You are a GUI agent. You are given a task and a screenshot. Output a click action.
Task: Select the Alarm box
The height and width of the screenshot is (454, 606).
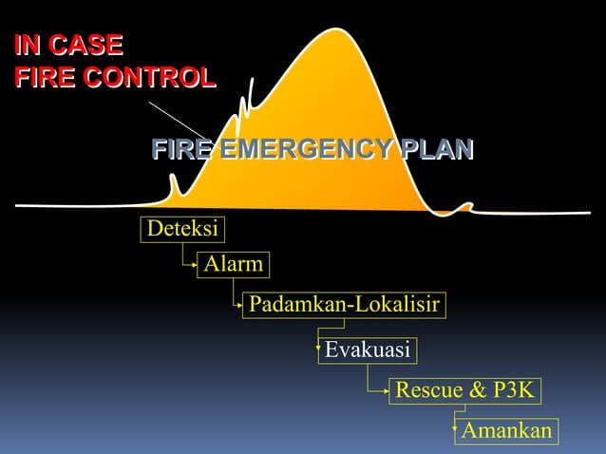click(x=233, y=264)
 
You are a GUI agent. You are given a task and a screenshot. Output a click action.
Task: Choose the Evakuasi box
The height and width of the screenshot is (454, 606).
click(x=368, y=350)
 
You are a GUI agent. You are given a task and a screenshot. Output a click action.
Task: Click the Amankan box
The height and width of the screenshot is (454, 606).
click(x=506, y=431)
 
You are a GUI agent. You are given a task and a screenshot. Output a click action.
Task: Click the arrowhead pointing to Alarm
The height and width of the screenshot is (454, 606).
click(x=194, y=267)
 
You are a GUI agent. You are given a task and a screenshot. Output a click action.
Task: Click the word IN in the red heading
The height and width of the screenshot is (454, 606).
click(x=28, y=45)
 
